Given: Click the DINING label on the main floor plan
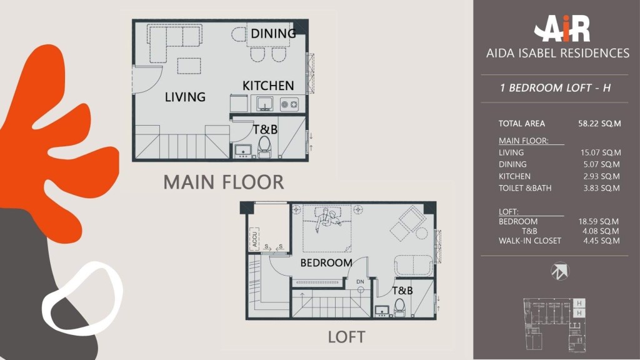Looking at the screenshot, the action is (x=274, y=34).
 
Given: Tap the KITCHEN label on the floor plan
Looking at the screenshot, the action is (x=268, y=86).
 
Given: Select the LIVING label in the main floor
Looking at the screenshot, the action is (x=185, y=97).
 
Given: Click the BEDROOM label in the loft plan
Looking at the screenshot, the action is (x=326, y=263).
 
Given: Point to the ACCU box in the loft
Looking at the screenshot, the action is (x=254, y=239).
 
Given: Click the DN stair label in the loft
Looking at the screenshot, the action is (x=360, y=282).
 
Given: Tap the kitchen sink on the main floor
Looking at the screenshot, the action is (x=265, y=104).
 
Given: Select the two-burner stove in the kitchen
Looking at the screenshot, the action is (x=289, y=104).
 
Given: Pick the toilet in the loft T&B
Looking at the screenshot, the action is (x=399, y=307).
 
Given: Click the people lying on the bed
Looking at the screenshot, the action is (x=327, y=219).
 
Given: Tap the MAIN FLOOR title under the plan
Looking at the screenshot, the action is (x=224, y=182).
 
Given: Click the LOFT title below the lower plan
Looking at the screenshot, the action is (x=346, y=337).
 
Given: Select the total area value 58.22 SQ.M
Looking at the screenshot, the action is (x=599, y=124).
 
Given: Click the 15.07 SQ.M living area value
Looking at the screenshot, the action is (x=601, y=152).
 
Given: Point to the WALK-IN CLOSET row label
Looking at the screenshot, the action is (x=530, y=241).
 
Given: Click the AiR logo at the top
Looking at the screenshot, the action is (x=562, y=29).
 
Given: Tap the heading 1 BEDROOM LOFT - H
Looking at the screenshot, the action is (x=555, y=87).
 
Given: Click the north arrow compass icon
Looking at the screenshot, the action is (x=559, y=271).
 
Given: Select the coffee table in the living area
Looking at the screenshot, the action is (x=189, y=66).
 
